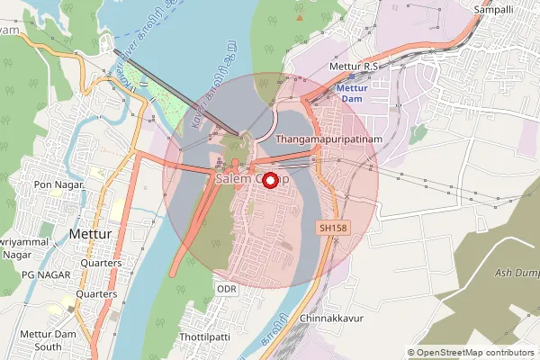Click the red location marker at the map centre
tap(270, 179)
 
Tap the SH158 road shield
tap(332, 229)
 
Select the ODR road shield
tap(225, 288)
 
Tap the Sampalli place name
tap(492, 8)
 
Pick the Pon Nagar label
tap(58, 184)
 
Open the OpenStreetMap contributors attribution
tap(470, 353)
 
